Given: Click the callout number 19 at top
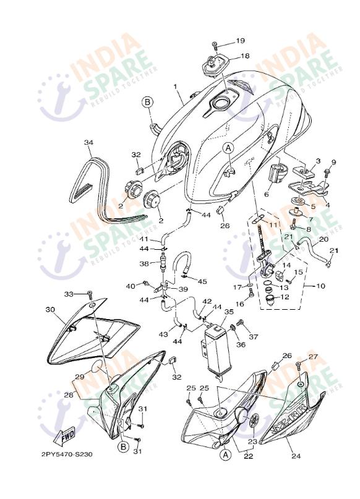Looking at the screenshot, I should tap(241, 41).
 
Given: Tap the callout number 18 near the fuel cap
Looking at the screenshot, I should tap(244, 56).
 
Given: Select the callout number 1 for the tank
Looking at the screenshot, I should tap(175, 86).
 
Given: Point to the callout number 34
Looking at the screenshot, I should tap(89, 143).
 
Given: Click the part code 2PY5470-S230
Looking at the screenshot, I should tap(67, 454).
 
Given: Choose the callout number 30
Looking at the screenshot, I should tap(50, 309).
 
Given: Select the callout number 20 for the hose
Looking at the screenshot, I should tap(323, 239).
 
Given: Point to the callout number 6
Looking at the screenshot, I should tap(266, 194).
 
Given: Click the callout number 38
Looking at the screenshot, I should tap(143, 263).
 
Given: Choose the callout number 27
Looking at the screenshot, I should tap(313, 357).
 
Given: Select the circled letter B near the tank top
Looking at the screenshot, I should tap(147, 101).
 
